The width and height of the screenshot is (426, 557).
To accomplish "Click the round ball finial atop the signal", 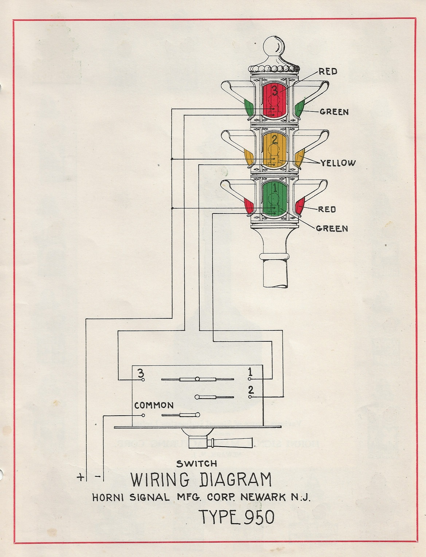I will pos(274,46).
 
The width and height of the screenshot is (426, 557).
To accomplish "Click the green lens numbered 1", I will pos(275,199).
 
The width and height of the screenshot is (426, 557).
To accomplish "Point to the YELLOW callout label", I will pos(338,163).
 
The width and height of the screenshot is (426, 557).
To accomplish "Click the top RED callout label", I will pos(328,71).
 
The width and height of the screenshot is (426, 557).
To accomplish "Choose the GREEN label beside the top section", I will pos(334,112).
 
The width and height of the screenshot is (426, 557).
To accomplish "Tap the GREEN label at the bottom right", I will pos(332,228).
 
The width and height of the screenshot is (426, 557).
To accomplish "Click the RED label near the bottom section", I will pos(327,209).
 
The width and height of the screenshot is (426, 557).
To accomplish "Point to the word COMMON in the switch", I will pos(154,405).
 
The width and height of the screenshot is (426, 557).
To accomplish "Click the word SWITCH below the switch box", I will pos(197,464).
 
